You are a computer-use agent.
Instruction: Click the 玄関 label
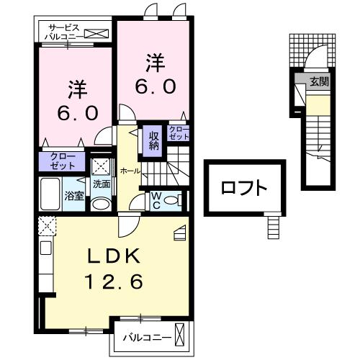[x=318, y=82]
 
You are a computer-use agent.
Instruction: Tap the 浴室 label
[x=75, y=196]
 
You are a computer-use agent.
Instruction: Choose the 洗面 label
[x=102, y=184]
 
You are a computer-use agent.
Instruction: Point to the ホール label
[x=130, y=171]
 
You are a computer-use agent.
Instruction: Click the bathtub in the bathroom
[x=51, y=193]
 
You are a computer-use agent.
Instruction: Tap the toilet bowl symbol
[x=170, y=201]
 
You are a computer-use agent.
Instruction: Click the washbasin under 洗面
[x=102, y=203]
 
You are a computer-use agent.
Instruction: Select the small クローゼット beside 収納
[x=178, y=132]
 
